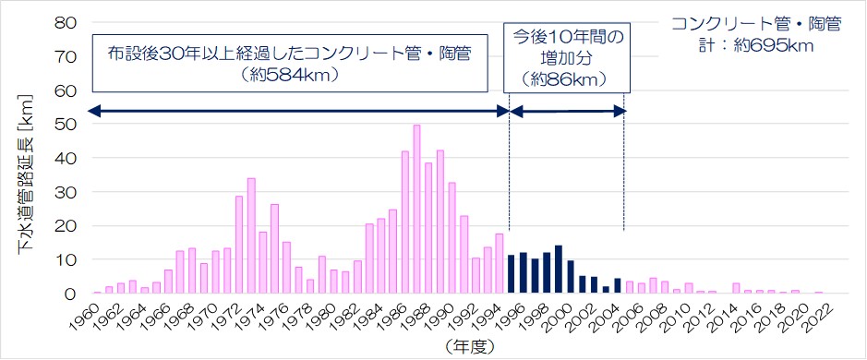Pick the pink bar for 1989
coord(440,222)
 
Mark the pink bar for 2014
coord(736,288)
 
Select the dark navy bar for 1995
coord(512,274)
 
